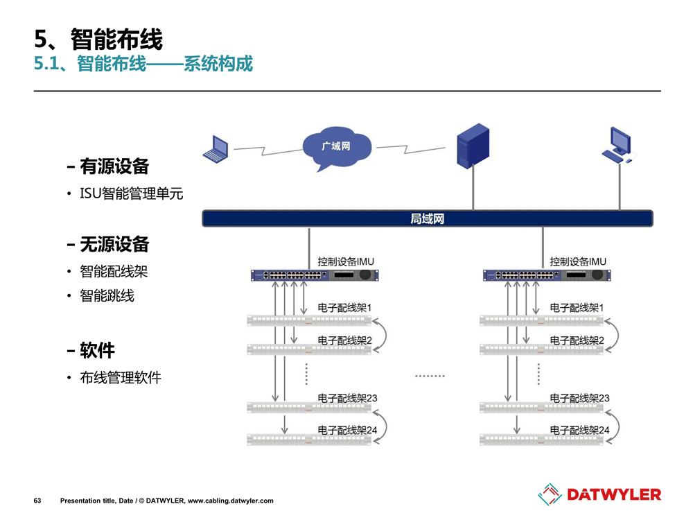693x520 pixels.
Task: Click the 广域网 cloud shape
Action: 337,149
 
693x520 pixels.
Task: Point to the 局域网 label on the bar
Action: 427,219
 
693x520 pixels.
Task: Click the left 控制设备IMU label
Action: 346,261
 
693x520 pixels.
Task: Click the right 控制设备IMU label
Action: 579,261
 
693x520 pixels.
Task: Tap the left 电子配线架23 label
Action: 347,398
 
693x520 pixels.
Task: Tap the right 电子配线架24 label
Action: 579,431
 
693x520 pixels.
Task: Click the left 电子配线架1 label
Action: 345,307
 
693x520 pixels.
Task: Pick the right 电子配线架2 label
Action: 577,340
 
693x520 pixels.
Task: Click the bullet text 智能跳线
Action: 107,296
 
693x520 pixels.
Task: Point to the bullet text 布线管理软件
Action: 121,378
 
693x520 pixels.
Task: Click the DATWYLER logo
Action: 599,494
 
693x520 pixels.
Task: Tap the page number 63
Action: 37,501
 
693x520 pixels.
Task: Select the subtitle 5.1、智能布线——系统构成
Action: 143,64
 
